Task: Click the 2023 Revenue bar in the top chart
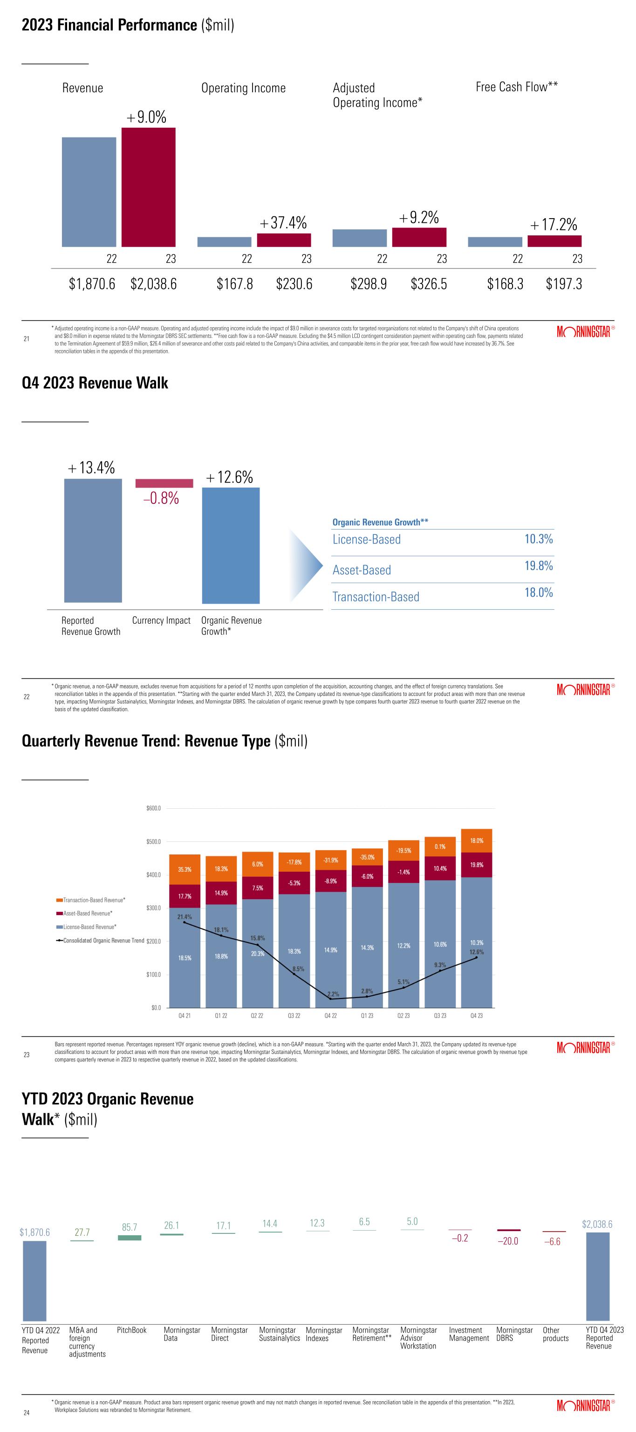148,187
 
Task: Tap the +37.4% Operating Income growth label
283,223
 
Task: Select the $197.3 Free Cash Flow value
564,284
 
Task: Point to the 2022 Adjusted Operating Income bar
359,238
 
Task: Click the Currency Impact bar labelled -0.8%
164,483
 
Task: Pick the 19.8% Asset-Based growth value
538,566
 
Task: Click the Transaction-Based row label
376,597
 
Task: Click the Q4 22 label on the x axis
330,1016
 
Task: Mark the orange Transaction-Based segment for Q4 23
477,840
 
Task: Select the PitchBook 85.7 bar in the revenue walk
130,1238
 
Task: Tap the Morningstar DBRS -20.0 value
506,1241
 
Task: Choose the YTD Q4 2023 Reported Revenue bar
598,1276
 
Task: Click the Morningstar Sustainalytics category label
280,1334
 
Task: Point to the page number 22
26,697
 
